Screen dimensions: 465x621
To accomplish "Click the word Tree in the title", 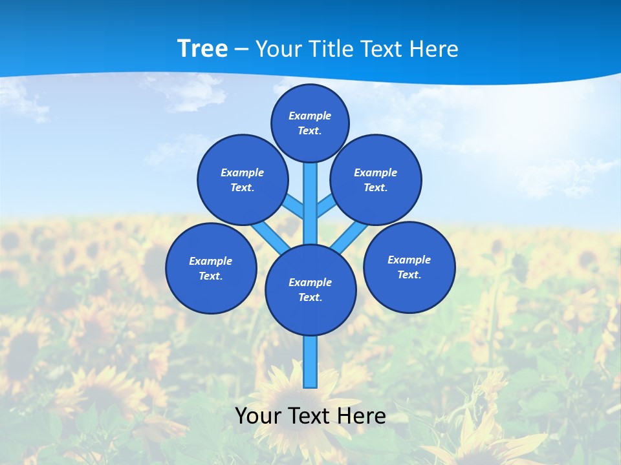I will [x=202, y=49].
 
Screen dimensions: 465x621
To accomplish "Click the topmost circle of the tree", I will [x=310, y=123].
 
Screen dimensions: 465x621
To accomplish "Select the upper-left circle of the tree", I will [x=242, y=180].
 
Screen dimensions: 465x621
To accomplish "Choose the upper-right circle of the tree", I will [x=376, y=180].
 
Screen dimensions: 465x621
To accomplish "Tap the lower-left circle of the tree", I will [x=211, y=268].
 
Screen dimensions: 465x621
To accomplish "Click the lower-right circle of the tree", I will [x=409, y=267].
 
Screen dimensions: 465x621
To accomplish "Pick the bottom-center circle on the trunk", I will [x=310, y=290].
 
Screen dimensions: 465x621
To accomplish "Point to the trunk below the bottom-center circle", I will [x=310, y=362].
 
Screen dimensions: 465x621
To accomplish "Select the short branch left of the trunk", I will [x=295, y=206].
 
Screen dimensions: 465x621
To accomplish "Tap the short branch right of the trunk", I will [x=325, y=206].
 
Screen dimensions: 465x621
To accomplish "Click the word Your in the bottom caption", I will [x=259, y=416].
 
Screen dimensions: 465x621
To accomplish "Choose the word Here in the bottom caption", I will [x=362, y=416].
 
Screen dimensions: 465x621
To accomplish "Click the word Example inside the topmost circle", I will [x=310, y=116].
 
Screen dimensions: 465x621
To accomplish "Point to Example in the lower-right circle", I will [x=409, y=260].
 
